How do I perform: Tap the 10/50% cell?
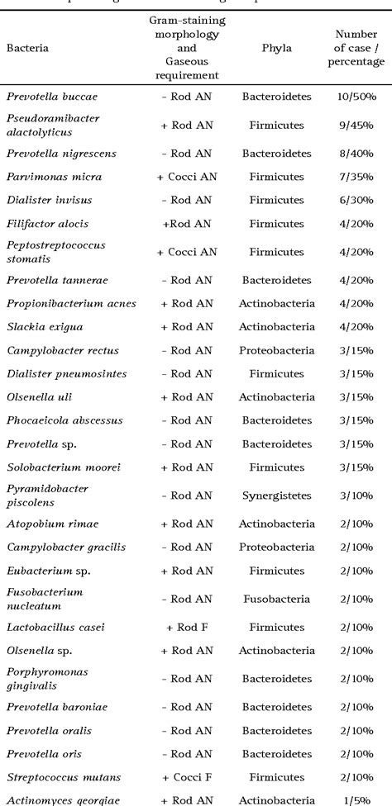[x=356, y=96]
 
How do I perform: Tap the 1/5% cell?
[x=356, y=799]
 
